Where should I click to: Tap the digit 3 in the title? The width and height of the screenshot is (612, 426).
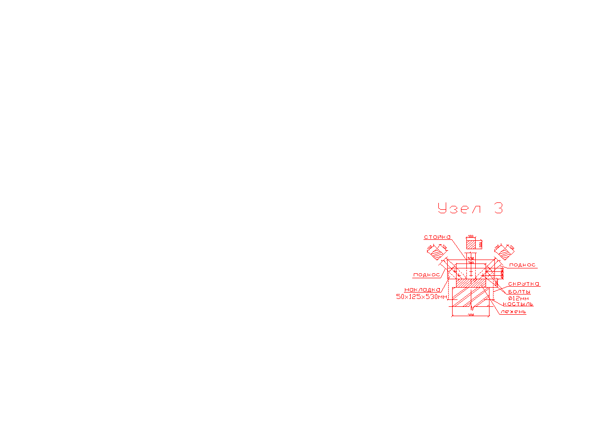tap(498, 208)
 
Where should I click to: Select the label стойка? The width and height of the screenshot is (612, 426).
tap(437, 237)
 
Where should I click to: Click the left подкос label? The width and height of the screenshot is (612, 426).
tap(427, 275)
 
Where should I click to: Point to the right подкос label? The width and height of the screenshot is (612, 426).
tap(522, 265)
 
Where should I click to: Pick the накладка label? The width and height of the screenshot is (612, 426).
tap(422, 290)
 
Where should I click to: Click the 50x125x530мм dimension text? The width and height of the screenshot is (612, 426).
tap(422, 297)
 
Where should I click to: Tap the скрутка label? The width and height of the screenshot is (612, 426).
tap(523, 284)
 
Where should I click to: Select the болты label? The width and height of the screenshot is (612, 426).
tap(519, 292)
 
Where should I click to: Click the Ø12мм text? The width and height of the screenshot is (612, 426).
tap(519, 298)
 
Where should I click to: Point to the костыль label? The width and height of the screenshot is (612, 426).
tap(518, 304)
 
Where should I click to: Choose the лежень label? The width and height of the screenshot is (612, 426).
tap(514, 311)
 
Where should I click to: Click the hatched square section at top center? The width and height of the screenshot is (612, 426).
tap(471, 244)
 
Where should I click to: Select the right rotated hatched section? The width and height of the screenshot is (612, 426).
tap(505, 253)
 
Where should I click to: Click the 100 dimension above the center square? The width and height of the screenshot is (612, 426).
tap(471, 236)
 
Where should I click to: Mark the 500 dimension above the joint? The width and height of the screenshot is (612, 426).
tap(471, 258)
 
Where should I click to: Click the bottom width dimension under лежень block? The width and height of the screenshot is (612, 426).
tap(471, 314)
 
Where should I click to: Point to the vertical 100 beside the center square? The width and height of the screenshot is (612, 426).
tap(480, 244)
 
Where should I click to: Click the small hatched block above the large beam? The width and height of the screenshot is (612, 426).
tap(471, 284)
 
